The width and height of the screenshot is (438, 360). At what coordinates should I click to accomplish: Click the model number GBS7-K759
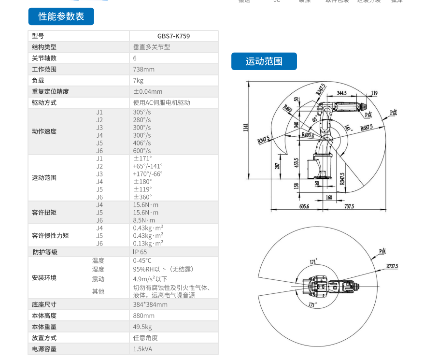173,36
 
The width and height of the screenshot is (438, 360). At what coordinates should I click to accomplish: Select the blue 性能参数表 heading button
61,16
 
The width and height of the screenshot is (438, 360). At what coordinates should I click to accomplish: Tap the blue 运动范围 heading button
264,61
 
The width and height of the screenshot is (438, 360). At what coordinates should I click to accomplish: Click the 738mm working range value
144,70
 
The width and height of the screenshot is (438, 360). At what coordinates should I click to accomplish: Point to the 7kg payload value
138,81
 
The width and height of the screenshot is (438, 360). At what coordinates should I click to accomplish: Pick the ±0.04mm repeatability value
148,92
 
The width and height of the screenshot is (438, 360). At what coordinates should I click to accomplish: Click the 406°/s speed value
142,143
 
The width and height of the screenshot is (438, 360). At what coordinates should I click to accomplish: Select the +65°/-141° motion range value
148,166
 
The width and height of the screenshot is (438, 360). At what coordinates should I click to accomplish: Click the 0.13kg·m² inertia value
148,244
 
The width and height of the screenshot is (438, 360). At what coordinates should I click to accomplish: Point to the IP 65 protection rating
140,252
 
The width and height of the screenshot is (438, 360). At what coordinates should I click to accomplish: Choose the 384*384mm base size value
150,304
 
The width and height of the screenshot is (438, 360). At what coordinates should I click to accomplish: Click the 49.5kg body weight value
142,327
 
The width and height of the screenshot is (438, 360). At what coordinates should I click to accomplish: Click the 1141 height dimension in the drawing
246,128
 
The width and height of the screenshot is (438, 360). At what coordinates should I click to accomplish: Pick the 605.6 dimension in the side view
290,206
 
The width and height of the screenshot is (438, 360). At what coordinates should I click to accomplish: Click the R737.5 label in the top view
392,266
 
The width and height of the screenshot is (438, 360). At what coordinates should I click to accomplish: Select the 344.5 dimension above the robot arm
342,93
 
